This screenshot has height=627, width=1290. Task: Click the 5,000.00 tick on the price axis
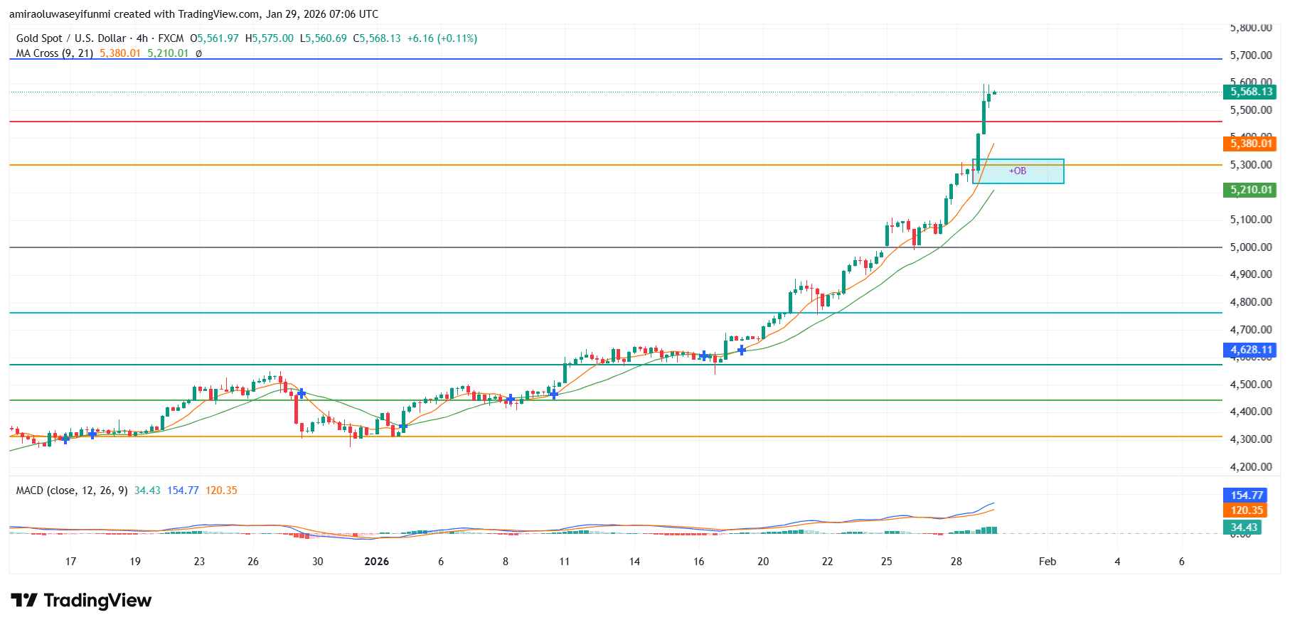coord(1251,247)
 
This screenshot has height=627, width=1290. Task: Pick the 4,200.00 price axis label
coord(1251,467)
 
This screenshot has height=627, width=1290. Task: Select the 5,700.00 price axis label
coord(1251,55)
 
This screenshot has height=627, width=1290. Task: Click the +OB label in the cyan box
coord(1018,171)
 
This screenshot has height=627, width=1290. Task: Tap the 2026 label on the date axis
coord(376,562)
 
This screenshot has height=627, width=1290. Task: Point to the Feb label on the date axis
coord(1047,562)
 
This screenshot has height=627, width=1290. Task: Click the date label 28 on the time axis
coord(956,562)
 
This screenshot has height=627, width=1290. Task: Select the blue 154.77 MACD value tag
coord(1247,495)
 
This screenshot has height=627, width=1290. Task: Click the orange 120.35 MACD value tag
coord(1247,510)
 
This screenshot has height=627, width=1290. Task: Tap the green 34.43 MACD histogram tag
coord(1244,527)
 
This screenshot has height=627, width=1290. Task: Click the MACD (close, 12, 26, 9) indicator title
coord(72,491)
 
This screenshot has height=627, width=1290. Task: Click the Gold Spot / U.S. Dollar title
coord(71,38)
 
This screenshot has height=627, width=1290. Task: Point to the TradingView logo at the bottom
coord(81,601)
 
